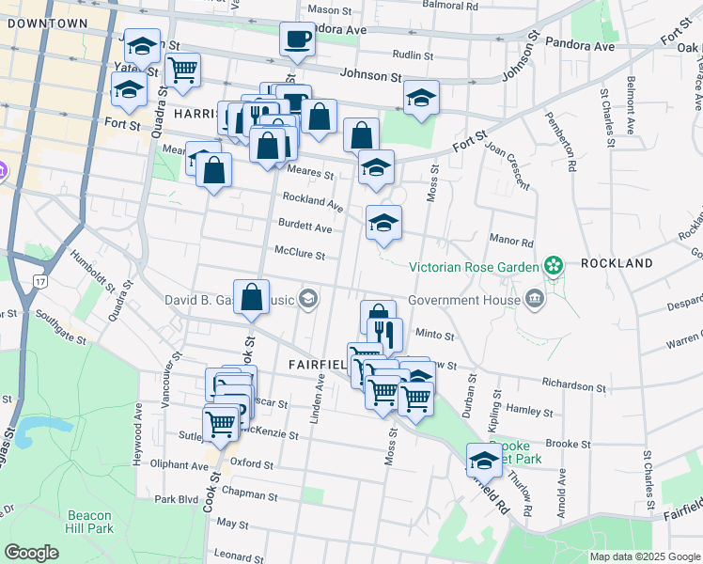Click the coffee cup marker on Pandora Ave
click(297, 39)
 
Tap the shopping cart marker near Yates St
click(182, 68)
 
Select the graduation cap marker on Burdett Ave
click(383, 224)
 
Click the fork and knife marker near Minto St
click(385, 335)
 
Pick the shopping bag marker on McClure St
click(252, 297)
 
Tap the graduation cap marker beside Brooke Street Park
click(484, 461)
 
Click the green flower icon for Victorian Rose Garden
click(554, 266)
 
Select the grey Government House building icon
click(535, 300)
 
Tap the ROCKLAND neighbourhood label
click(616, 264)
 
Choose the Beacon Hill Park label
click(90, 523)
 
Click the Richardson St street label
click(573, 385)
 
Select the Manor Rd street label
click(513, 243)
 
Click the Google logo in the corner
click(32, 553)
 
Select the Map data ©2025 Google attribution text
click(644, 556)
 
